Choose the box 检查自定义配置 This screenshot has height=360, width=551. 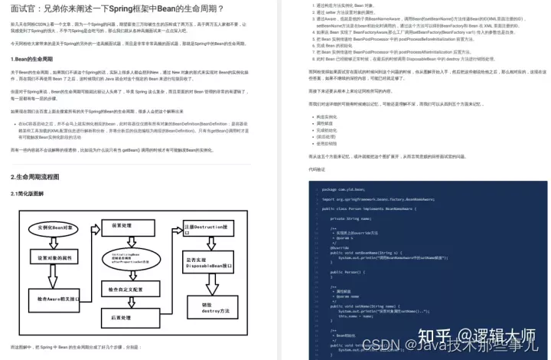(x=122, y=289)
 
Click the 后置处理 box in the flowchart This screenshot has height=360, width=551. (x=122, y=316)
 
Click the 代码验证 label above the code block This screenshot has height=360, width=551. (x=295, y=169)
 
